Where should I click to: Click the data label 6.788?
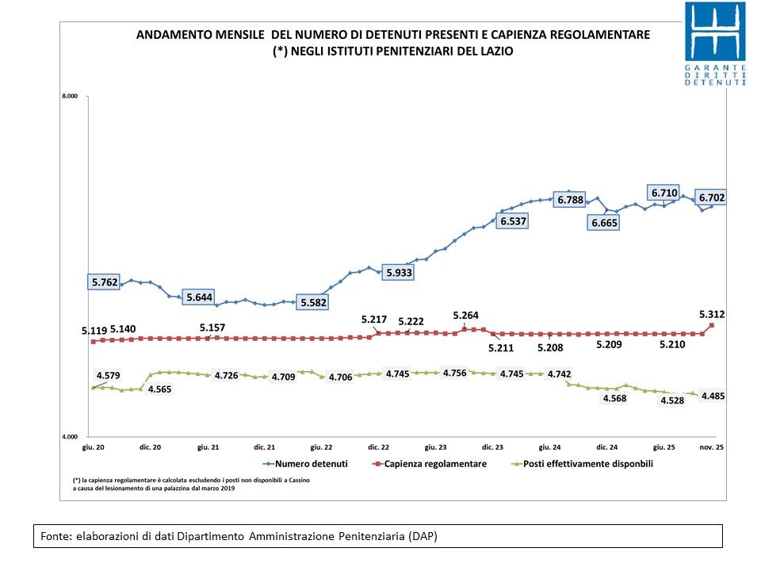click(x=570, y=200)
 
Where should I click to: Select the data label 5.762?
click(x=105, y=282)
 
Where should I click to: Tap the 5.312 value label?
click(x=711, y=315)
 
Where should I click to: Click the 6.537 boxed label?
click(x=513, y=221)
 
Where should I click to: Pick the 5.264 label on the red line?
click(x=466, y=316)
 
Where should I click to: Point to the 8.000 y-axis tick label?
click(x=69, y=97)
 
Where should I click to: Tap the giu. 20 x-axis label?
click(x=94, y=448)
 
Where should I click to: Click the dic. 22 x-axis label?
click(x=379, y=448)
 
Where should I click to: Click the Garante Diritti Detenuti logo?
click(x=716, y=44)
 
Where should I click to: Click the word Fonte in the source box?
click(x=56, y=537)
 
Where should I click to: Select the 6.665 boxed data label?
click(x=603, y=224)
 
